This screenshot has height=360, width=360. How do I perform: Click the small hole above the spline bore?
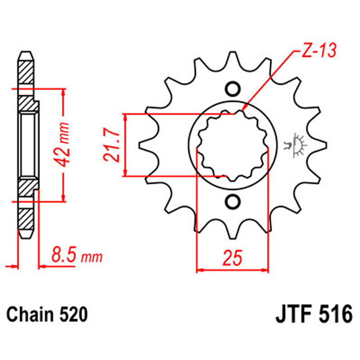(x=232, y=89)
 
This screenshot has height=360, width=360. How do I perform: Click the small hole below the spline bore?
(x=232, y=201)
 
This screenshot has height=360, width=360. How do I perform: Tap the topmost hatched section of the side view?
(x=26, y=72)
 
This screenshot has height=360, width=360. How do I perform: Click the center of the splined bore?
(x=232, y=145)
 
